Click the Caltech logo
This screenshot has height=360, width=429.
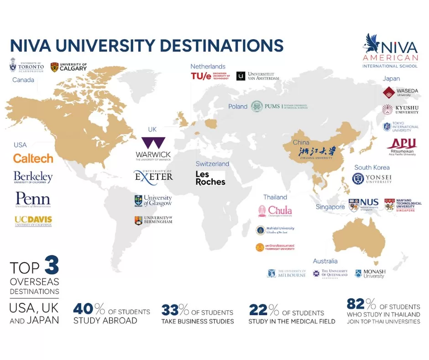click(33, 159)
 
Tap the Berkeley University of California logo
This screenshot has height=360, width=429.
click(33, 177)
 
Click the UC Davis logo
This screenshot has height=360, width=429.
click(33, 221)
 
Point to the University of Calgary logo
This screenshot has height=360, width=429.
click(68, 67)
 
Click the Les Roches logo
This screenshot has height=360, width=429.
click(210, 178)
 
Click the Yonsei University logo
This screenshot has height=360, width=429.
click(372, 179)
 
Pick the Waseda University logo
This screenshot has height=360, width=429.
click(400, 92)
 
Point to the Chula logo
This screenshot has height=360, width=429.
click(275, 211)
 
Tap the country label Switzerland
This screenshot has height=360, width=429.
click(212, 164)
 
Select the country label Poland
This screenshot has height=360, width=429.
click(237, 107)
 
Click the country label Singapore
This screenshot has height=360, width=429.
click(330, 207)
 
